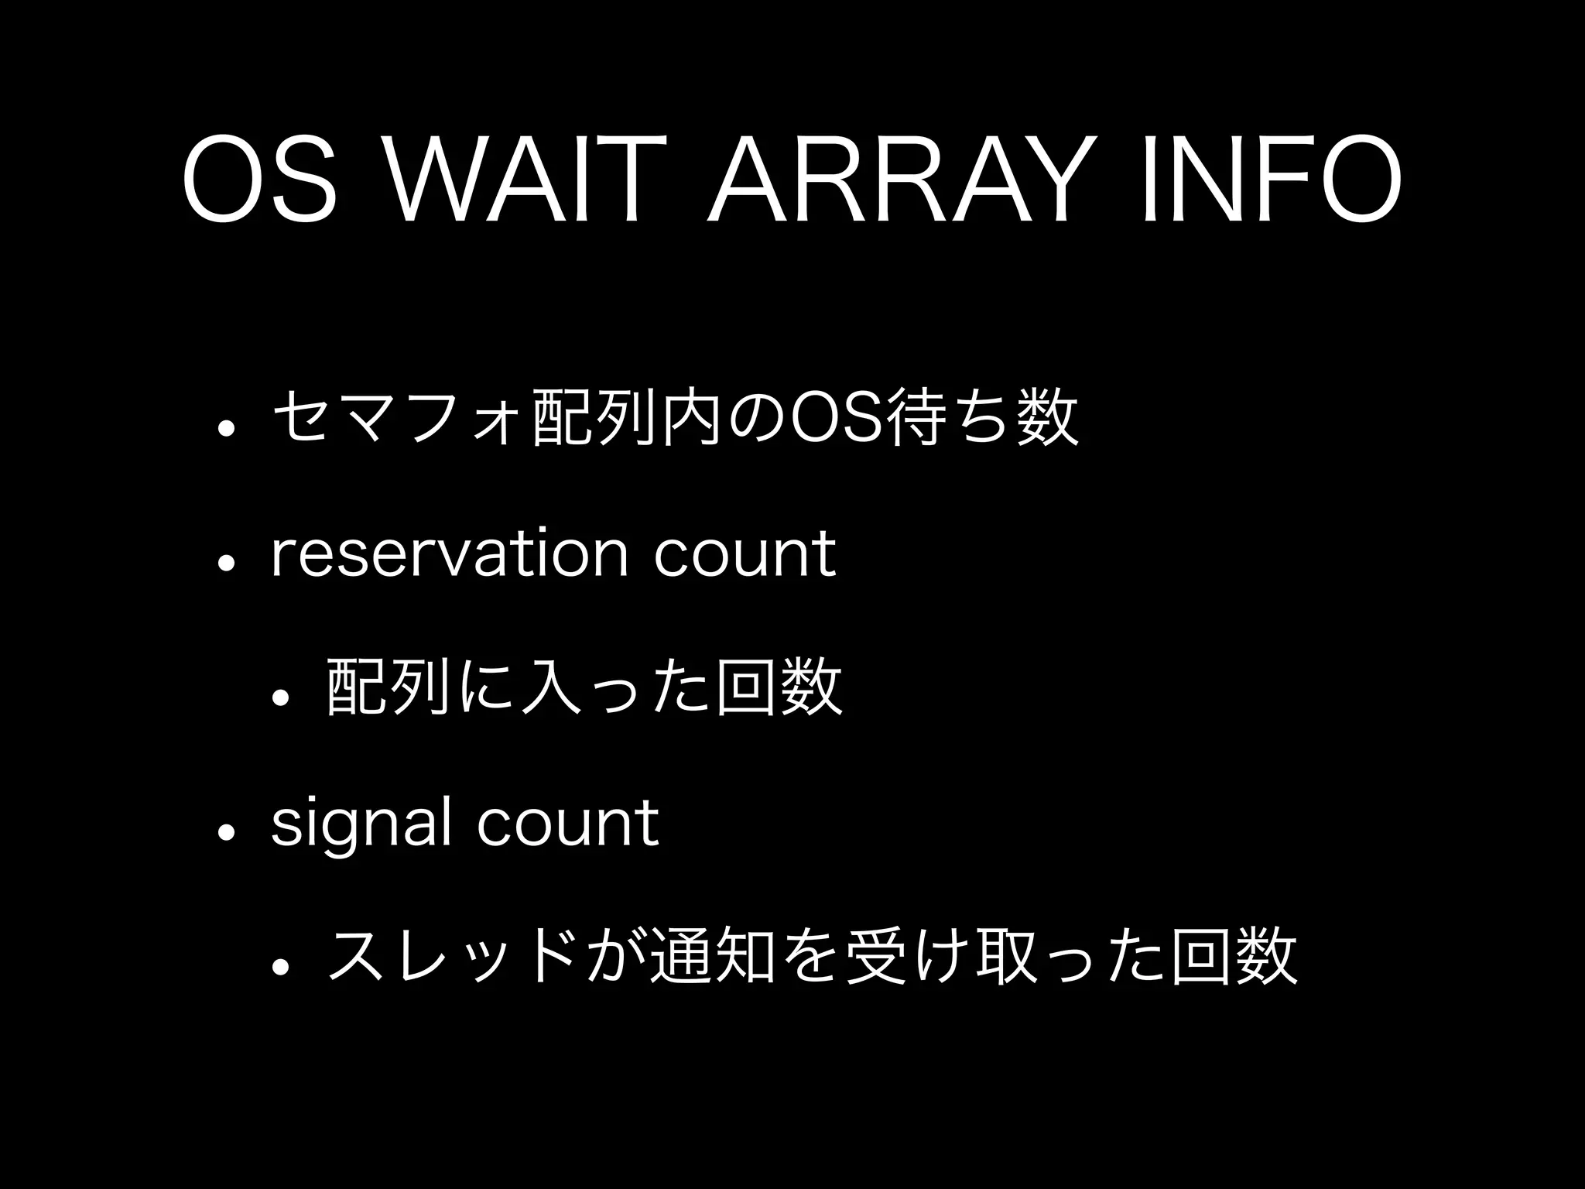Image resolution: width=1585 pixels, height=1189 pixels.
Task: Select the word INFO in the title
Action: click(x=1269, y=180)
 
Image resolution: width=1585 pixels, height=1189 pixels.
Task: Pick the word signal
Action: click(x=361, y=824)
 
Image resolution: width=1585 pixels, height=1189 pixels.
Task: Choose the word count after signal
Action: click(x=567, y=823)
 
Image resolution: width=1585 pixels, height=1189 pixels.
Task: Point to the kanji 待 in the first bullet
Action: click(x=918, y=420)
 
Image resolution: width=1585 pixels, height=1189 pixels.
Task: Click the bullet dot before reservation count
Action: click(x=227, y=564)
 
